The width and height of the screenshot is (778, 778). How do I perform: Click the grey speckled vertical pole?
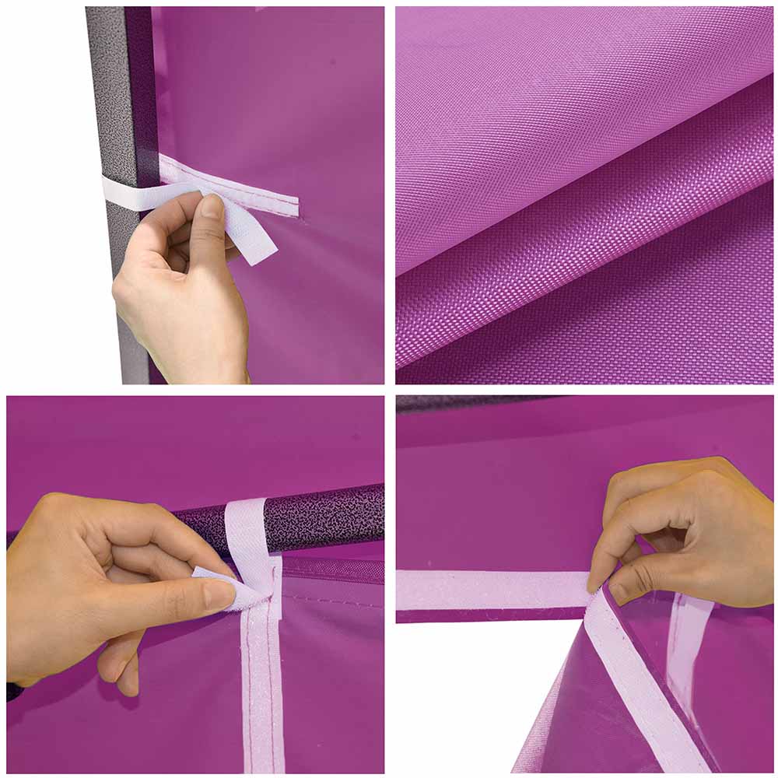coord(109,93)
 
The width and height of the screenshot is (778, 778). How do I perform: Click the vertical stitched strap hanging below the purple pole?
coord(261,685)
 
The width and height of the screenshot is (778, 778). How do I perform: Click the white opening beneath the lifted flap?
coord(475,700)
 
